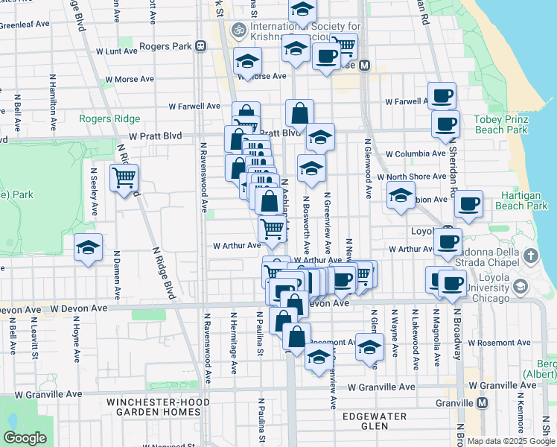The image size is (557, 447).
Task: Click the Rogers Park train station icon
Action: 200,46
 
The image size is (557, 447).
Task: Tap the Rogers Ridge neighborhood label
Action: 104,119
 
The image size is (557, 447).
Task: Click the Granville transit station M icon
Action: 483,402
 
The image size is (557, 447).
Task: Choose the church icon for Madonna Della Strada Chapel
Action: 530,256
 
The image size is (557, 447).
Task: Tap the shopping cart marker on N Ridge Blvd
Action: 124,177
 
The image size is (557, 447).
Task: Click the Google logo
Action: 25,438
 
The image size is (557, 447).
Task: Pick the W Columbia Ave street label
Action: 416,153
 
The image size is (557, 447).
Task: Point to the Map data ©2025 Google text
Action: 511,441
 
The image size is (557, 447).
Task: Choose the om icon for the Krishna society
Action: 239,31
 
